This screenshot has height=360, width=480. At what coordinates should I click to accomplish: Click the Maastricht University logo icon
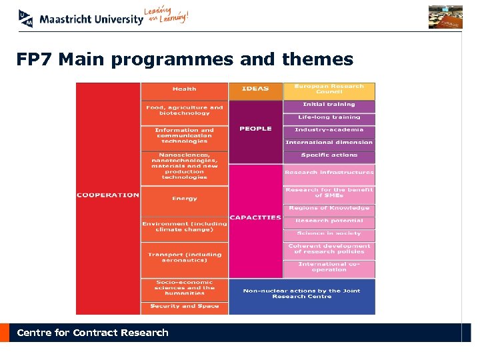26,18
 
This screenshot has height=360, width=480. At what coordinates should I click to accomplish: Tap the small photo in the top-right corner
445,17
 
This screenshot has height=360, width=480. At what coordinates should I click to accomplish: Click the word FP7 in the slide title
34,60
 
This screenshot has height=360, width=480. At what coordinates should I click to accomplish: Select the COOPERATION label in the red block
107,195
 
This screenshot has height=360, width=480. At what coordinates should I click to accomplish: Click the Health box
184,89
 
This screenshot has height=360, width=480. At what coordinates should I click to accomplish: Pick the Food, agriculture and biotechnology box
184,111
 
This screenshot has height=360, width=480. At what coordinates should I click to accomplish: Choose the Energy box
184,199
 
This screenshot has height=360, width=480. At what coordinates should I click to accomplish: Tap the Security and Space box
184,307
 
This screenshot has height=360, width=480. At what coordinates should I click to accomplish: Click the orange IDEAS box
255,89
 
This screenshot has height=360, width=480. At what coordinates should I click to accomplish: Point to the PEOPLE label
255,129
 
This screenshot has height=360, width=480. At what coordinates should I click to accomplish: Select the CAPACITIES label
255,218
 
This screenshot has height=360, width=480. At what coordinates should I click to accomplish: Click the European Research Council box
329,89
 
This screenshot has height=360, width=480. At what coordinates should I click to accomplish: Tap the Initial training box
329,105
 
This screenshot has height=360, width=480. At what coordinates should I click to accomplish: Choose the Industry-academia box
329,130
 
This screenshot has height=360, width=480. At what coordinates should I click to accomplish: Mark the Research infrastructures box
329,173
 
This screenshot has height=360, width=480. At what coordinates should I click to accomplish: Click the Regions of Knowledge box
329,209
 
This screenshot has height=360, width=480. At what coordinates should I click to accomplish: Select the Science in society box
329,234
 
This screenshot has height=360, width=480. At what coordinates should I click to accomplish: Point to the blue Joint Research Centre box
301,294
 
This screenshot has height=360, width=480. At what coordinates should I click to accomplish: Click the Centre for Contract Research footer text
93,333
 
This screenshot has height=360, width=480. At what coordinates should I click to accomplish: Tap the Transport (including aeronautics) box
184,257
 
